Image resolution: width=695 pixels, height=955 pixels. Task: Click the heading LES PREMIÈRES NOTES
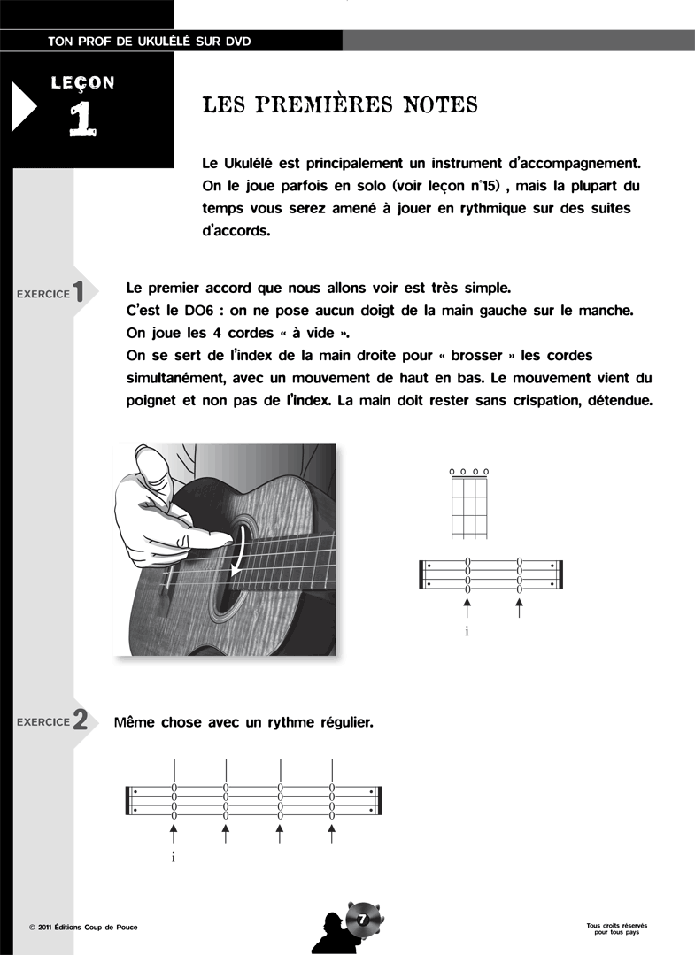pos(340,105)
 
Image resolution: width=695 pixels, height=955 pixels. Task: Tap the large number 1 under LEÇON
pos(82,119)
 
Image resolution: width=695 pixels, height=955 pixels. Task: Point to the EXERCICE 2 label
pos(51,721)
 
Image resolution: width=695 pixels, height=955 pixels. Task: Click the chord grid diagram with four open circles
pos(469,504)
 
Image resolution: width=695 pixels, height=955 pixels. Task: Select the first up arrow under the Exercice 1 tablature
pos(467,607)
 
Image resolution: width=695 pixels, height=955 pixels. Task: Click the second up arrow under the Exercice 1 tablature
pos(520,607)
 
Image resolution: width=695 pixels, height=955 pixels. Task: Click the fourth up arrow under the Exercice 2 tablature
pos(332,833)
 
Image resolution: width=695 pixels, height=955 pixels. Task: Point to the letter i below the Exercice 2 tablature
pos(174,857)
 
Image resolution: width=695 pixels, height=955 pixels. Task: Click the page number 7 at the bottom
pos(361,920)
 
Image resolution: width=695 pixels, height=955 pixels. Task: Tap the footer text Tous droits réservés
pos(616,925)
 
